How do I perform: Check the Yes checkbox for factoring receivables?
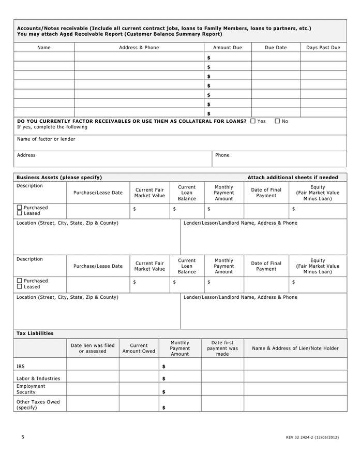click(x=253, y=121)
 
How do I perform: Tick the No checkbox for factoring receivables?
click(x=277, y=121)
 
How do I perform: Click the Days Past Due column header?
click(x=323, y=48)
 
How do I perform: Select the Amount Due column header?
click(x=228, y=48)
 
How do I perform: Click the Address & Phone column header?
click(x=139, y=48)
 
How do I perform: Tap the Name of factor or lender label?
click(x=46, y=139)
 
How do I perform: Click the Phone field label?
click(x=222, y=155)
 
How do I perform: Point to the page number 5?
click(x=23, y=437)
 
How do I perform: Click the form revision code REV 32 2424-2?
click(x=312, y=438)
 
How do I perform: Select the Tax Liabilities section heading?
click(x=35, y=333)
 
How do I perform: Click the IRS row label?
click(x=21, y=366)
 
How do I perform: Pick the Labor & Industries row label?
click(x=38, y=378)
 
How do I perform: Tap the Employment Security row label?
click(x=31, y=389)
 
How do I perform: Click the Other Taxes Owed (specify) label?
click(x=38, y=404)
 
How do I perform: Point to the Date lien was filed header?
click(x=93, y=348)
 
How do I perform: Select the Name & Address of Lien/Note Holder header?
click(x=295, y=348)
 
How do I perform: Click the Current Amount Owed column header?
click(x=139, y=348)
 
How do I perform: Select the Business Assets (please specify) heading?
click(x=59, y=178)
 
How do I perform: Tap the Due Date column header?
click(x=276, y=48)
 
